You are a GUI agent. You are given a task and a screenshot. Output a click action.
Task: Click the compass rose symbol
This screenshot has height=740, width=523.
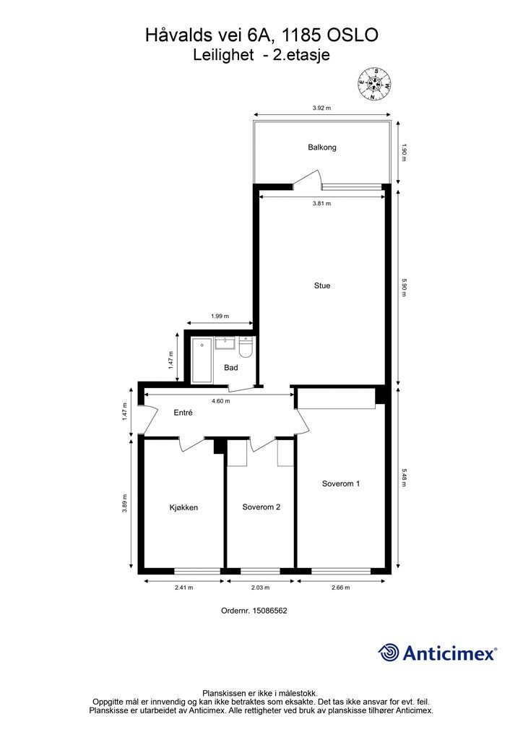[373, 84]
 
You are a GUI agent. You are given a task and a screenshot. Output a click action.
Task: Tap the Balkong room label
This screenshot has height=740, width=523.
[322, 147]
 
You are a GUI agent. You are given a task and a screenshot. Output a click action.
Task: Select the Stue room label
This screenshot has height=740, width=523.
[322, 285]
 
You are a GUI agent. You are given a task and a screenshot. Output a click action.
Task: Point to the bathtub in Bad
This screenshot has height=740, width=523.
[202, 360]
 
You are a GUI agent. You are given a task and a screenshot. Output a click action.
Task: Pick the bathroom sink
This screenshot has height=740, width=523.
[225, 343]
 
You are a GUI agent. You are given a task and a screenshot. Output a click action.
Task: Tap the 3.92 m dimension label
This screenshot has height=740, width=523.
[321, 108]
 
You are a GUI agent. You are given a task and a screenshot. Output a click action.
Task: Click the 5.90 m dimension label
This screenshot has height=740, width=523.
[403, 288]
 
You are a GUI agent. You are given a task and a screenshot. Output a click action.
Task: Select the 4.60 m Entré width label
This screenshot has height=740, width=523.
[221, 401]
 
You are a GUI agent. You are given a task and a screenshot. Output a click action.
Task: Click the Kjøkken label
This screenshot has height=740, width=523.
[183, 508]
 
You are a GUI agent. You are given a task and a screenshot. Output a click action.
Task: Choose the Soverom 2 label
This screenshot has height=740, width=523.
[261, 507]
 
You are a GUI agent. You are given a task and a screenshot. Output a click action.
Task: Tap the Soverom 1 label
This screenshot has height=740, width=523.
[341, 483]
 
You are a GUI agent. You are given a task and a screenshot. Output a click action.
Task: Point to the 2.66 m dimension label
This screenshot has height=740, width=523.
[340, 588]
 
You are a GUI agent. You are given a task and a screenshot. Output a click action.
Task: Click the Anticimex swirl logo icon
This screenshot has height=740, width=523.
[388, 653]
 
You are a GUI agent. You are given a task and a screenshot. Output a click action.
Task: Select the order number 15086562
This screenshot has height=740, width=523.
[270, 610]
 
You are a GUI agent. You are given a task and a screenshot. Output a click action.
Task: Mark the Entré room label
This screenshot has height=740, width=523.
[183, 413]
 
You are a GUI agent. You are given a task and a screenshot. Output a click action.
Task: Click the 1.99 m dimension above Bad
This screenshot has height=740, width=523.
[220, 317]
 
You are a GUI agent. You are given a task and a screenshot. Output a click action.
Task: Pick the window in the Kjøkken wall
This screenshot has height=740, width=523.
[198, 571]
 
